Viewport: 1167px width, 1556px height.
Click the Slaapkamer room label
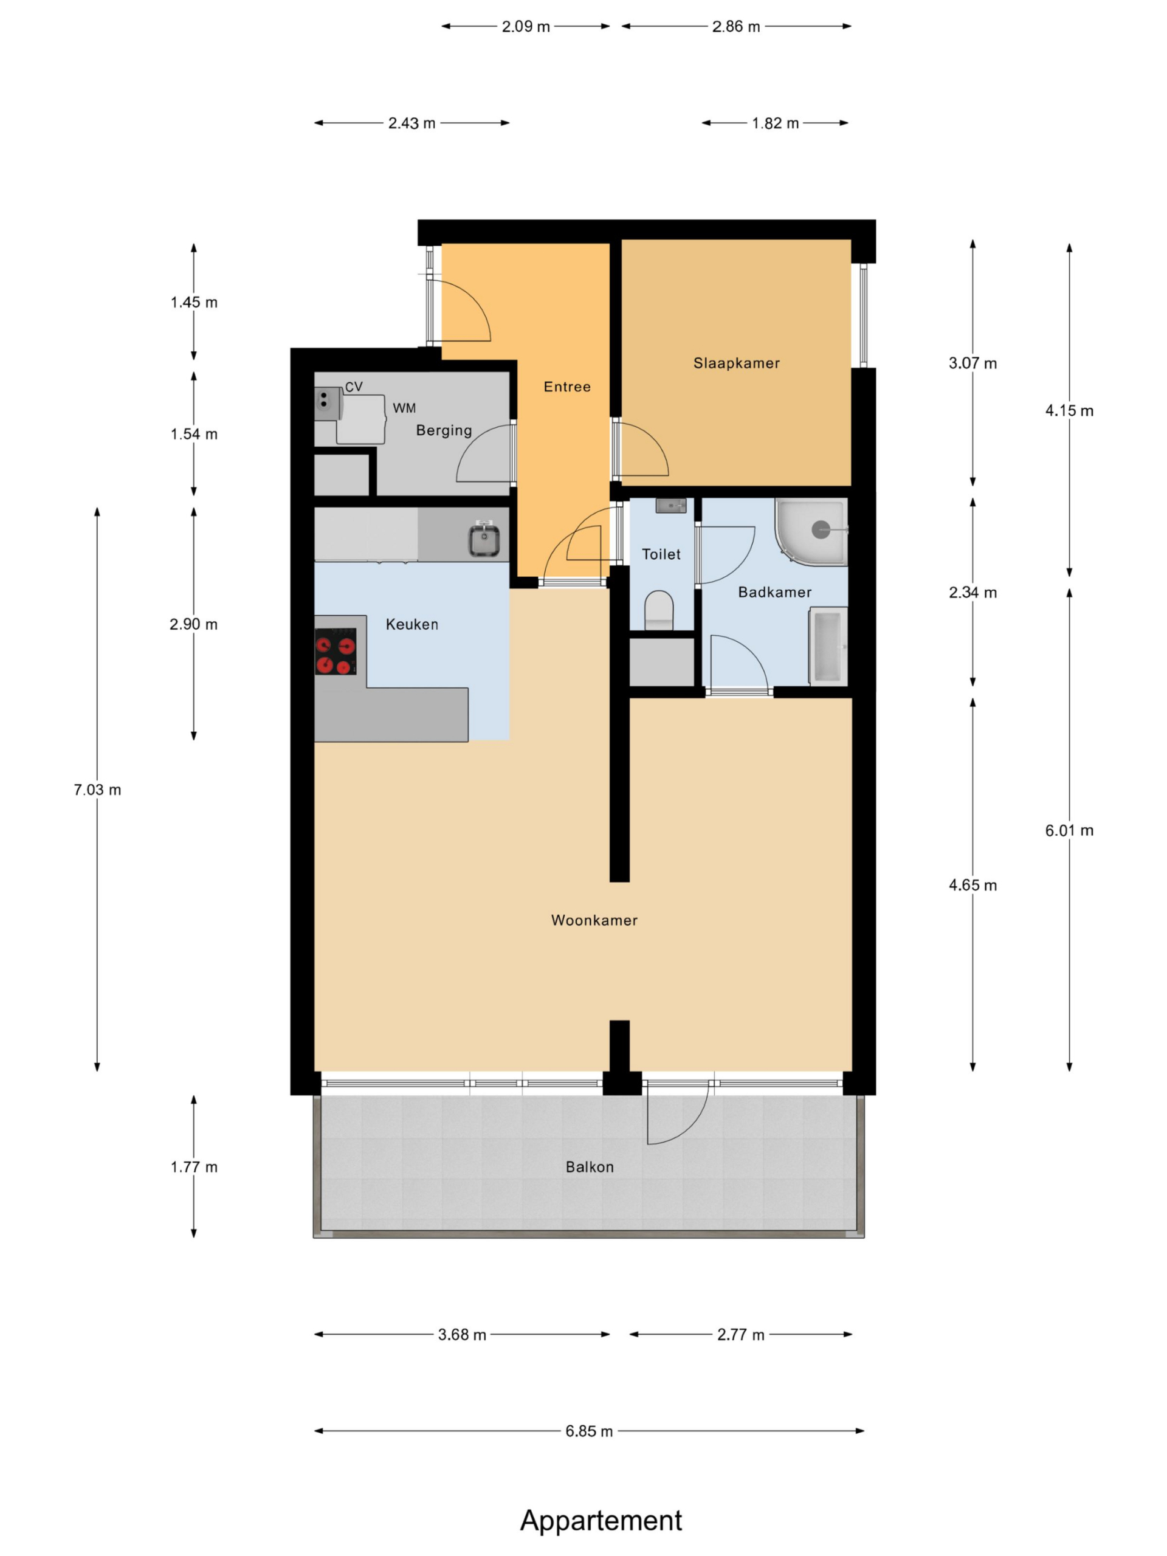coord(736,363)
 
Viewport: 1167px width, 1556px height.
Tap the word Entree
coord(567,386)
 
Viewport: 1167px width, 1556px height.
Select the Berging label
coord(444,430)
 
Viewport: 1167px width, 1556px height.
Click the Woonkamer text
coord(594,920)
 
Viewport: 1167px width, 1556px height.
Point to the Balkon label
coord(590,1167)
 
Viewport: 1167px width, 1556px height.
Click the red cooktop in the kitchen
coord(336,652)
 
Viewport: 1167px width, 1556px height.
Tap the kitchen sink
coord(484,540)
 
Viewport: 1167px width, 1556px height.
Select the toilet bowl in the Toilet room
coord(659,610)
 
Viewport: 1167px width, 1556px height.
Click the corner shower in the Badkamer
coord(811,532)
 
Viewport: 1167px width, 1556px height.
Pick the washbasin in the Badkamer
coord(828,645)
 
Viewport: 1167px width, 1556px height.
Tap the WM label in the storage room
coord(404,408)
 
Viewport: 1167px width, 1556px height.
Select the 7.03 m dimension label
coord(97,790)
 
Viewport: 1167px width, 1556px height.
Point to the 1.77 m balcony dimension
coord(193,1167)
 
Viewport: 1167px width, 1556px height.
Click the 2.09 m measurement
coord(526,27)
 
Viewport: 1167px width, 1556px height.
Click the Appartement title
coord(601,1520)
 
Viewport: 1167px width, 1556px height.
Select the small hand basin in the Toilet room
coord(670,505)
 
